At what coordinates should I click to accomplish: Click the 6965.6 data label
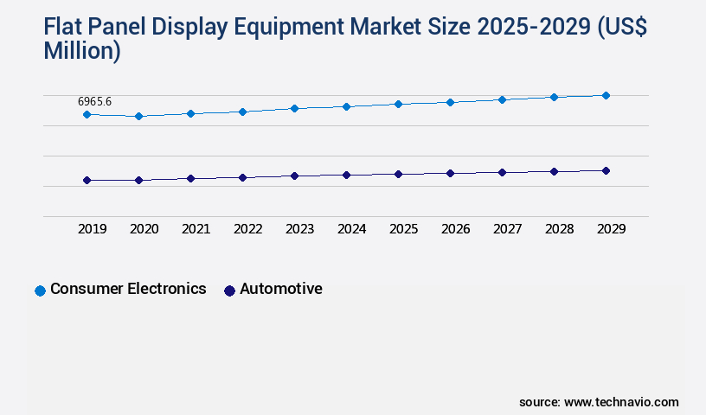click(94, 102)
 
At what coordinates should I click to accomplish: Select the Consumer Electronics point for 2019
click(87, 114)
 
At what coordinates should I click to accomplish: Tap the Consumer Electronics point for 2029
click(606, 95)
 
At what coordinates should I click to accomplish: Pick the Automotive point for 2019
click(87, 180)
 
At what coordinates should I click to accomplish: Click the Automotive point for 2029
click(606, 170)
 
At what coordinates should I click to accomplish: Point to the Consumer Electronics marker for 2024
click(346, 106)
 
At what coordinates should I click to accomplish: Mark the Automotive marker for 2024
click(346, 175)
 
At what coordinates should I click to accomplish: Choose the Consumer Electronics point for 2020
click(138, 116)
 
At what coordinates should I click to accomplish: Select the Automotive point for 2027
click(502, 172)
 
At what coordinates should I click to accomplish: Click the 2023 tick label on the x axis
click(299, 229)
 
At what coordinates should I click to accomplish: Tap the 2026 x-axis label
click(455, 229)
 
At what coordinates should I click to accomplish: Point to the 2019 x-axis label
click(92, 229)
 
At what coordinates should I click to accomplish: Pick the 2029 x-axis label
click(611, 229)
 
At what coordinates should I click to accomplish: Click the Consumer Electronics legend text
click(128, 289)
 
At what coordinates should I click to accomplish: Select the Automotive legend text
click(280, 289)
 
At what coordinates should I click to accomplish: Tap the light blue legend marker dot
click(40, 290)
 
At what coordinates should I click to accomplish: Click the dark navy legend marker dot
click(229, 290)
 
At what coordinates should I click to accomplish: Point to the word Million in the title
click(81, 51)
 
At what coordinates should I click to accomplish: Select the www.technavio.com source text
click(621, 402)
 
